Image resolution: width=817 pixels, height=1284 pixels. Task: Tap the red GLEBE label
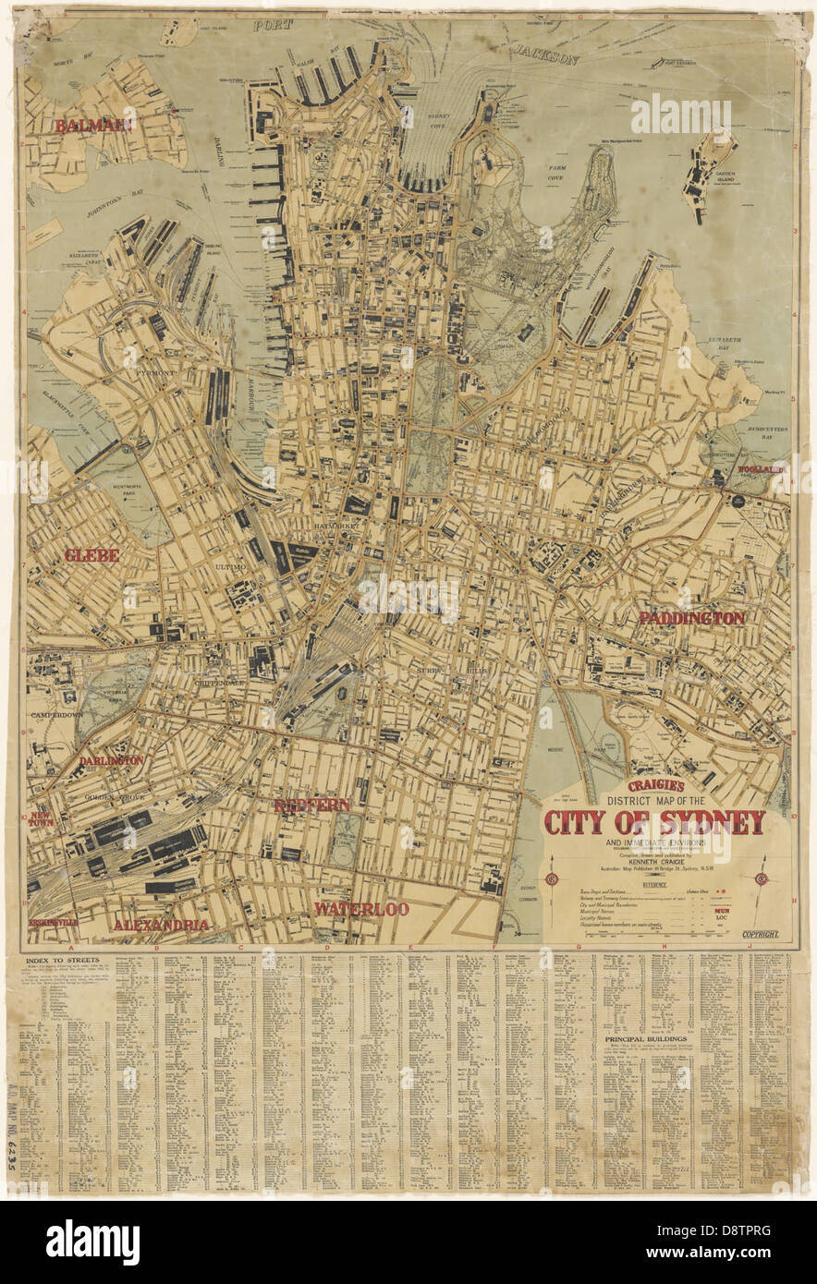coord(91,555)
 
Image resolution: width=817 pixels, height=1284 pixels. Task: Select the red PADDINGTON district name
coord(691,618)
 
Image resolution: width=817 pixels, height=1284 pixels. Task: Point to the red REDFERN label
coord(311,806)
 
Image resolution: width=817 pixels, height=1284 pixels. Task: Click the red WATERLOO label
coord(360,909)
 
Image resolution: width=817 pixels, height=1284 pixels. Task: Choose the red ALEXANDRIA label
coord(161,925)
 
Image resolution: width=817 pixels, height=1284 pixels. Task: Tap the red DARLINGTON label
coord(111,760)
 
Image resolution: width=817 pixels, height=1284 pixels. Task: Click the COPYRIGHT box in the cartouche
coord(759,934)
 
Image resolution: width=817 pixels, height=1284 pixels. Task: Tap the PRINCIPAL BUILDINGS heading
coord(647,1038)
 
